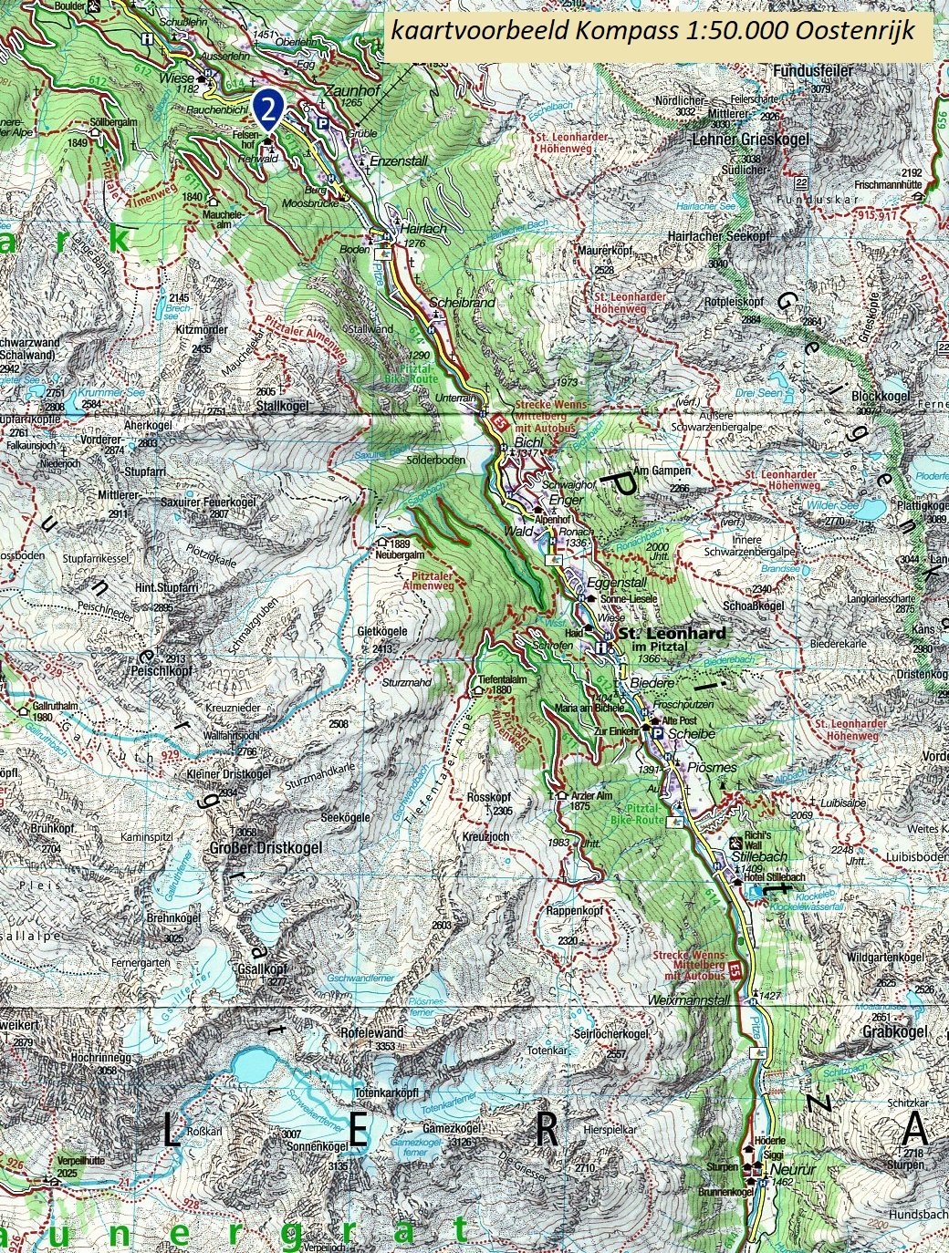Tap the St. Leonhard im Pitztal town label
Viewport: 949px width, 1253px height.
[x=672, y=633]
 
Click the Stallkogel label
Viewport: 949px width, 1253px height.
[x=283, y=406]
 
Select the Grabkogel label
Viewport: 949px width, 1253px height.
[x=894, y=1031]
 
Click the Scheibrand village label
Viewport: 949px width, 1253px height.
[x=461, y=302]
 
